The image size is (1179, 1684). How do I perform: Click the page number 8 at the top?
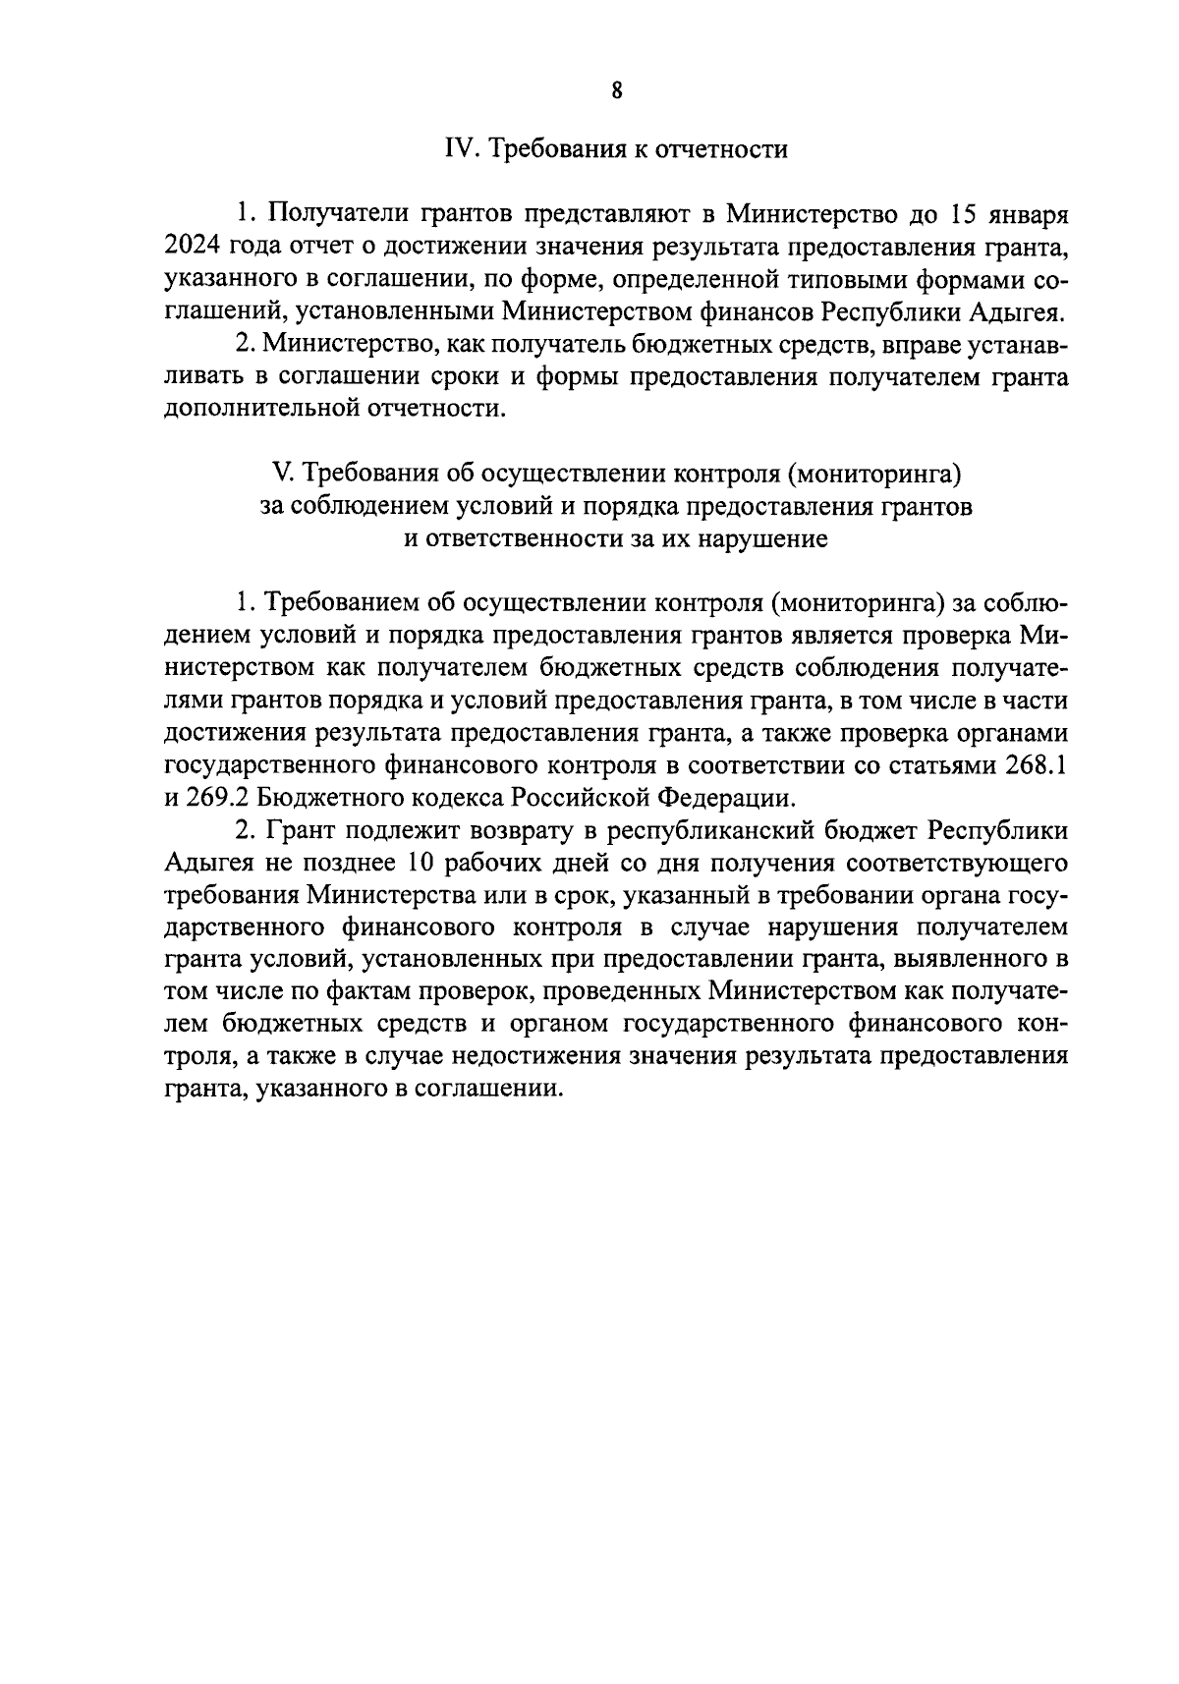tap(616, 90)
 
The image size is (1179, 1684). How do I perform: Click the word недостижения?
tap(580, 1057)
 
